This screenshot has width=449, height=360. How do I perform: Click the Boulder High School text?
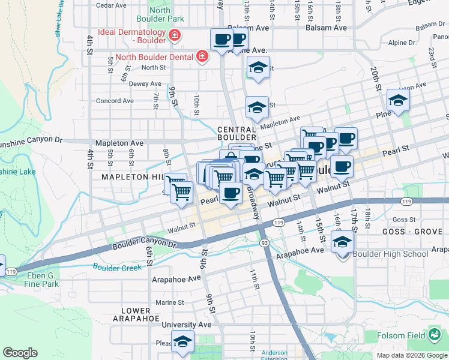[390, 254]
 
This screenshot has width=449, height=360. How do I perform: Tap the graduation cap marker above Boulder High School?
[342, 242]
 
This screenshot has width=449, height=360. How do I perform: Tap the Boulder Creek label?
[116, 267]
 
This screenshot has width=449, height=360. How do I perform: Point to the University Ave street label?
[187, 325]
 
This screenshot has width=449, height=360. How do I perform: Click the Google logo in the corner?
[20, 353]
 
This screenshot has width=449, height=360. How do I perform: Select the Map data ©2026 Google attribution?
[412, 355]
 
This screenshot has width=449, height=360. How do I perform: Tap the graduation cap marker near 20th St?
[397, 101]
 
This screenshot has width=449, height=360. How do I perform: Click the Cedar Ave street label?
[111, 5]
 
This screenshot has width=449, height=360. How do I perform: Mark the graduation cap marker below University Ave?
[182, 341]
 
